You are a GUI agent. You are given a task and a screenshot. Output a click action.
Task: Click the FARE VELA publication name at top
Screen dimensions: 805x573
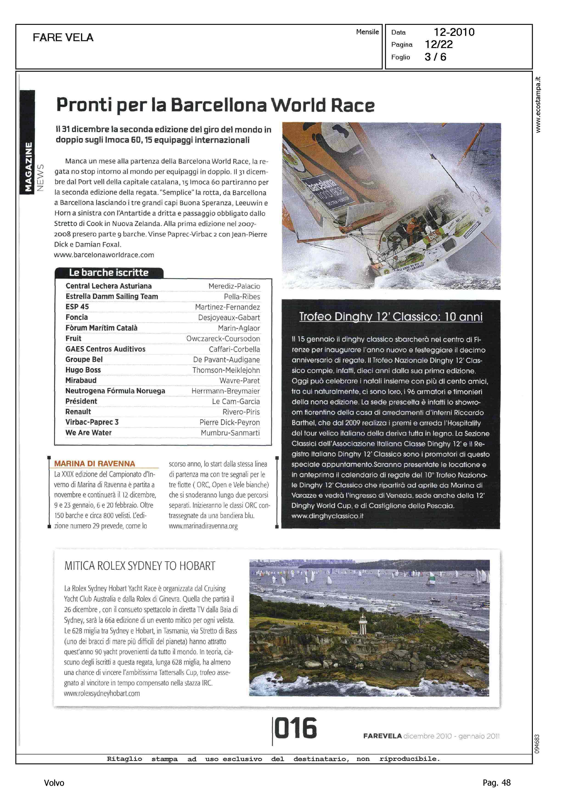click(63, 37)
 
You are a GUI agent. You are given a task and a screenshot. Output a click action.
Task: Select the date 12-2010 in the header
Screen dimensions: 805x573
click(454, 32)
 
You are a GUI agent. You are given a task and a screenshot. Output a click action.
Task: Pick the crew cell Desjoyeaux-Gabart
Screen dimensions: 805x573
click(229, 317)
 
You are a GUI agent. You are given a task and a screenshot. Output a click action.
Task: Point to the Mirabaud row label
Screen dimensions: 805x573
click(81, 380)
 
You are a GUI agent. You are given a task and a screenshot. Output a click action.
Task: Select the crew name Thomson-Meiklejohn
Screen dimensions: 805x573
click(226, 370)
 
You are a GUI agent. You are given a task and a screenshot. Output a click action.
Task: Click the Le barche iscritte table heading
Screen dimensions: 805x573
click(109, 273)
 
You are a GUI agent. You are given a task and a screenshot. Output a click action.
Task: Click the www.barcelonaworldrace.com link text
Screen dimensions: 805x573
click(104, 255)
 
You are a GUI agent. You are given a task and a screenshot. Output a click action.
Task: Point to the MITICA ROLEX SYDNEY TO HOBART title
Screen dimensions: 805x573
click(140, 566)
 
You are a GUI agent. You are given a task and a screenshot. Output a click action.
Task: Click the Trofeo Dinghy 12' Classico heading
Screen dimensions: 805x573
click(390, 317)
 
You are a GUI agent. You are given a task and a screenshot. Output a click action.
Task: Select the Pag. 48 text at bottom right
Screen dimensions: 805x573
click(496, 782)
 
